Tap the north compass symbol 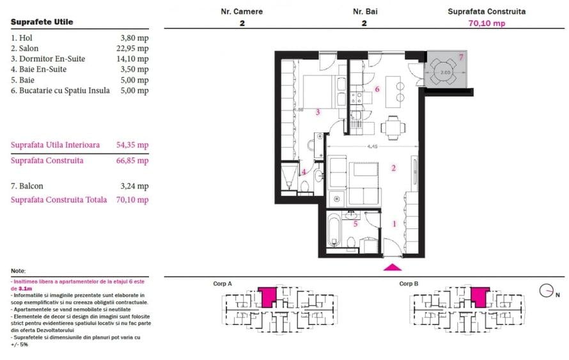[546, 292]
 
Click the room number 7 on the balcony [461, 58]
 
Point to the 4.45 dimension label [372, 146]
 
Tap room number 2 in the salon [394, 168]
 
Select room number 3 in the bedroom [318, 112]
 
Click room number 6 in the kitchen [377, 89]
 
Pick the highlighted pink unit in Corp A [269, 296]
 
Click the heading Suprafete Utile [42, 22]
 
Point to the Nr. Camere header [242, 12]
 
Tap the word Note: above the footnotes [19, 271]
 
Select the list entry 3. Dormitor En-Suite [48, 59]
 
